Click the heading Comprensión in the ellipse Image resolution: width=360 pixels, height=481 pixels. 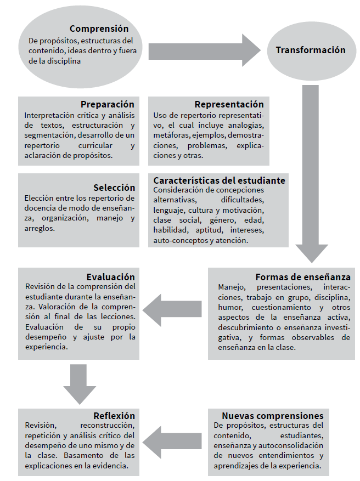coord(99,29)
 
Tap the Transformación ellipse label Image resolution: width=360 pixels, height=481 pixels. coord(310,50)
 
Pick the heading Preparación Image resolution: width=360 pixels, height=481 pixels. coord(107,104)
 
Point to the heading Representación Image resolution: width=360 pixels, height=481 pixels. coord(229,104)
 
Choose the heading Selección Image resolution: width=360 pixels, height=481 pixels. coord(114,187)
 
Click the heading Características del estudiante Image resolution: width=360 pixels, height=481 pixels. coord(219,180)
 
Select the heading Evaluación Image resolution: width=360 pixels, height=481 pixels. coord(110,276)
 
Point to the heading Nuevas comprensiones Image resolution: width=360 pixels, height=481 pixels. coord(272,416)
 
